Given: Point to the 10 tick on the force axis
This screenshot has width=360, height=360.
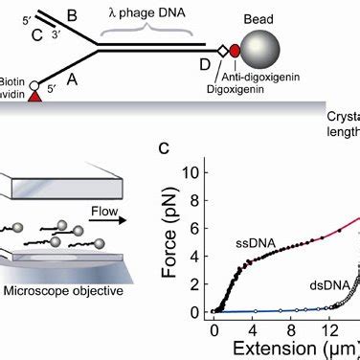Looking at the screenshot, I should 194,173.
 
